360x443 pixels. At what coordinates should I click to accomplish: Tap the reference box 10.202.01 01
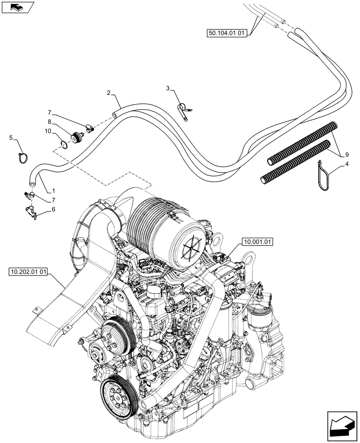tap(27, 271)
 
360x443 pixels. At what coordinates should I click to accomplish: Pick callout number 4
tap(348, 165)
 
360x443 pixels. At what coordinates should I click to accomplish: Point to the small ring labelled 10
tap(64, 144)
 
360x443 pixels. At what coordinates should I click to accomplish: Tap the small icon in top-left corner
tap(17, 8)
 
